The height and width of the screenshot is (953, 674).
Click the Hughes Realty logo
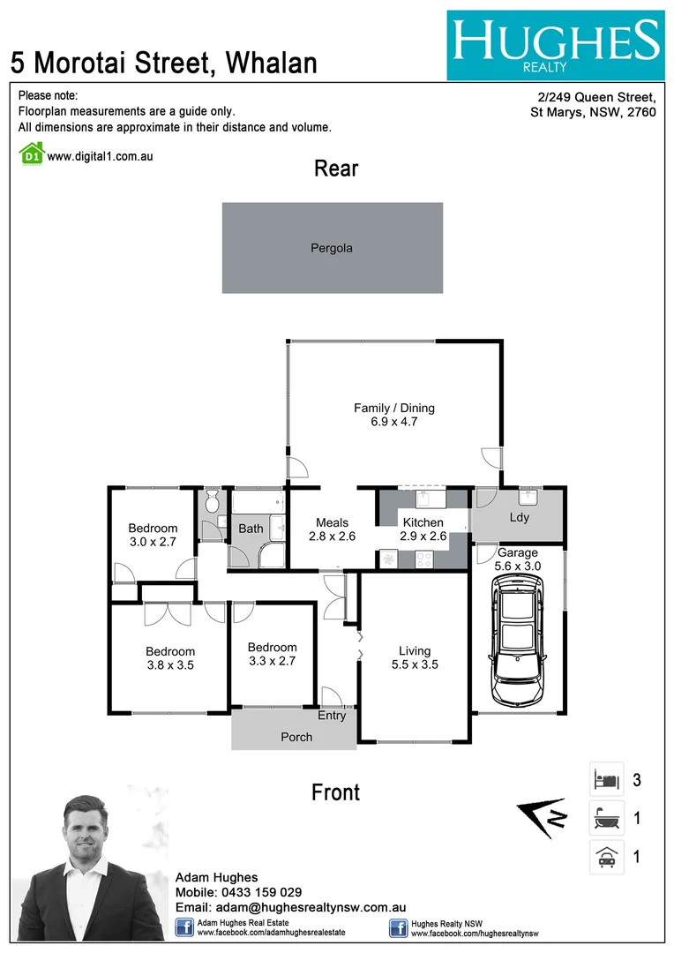pyautogui.click(x=555, y=46)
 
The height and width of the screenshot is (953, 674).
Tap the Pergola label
pyautogui.click(x=332, y=248)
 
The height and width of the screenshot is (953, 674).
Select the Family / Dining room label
pyautogui.click(x=394, y=415)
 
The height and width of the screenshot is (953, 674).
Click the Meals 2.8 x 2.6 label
pyautogui.click(x=332, y=529)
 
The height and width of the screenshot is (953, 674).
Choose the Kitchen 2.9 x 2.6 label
pyautogui.click(x=423, y=529)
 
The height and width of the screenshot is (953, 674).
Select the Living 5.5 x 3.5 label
pyautogui.click(x=413, y=657)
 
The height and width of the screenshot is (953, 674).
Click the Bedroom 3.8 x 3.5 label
pyautogui.click(x=170, y=658)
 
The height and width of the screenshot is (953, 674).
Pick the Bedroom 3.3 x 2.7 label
pyautogui.click(x=272, y=653)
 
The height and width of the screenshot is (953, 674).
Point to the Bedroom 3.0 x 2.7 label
pyautogui.click(x=153, y=535)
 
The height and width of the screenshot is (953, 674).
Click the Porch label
pyautogui.click(x=296, y=737)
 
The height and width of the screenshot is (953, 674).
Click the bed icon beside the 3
pyautogui.click(x=606, y=780)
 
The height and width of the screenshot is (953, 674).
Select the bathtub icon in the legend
pyautogui.click(x=606, y=819)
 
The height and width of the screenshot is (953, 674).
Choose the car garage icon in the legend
pyautogui.click(x=606, y=857)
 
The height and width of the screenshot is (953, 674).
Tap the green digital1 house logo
pyautogui.click(x=31, y=154)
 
